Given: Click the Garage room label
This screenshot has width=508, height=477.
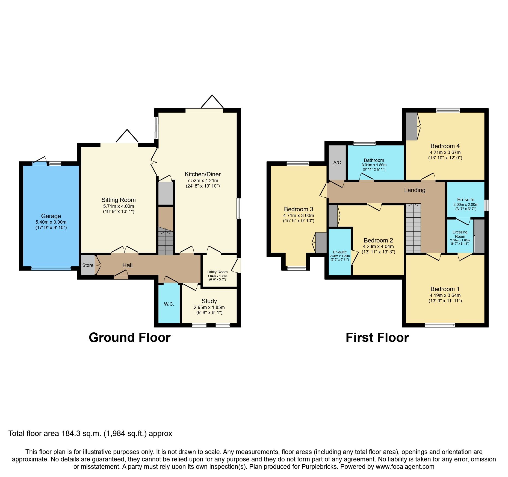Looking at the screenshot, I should coord(51,216).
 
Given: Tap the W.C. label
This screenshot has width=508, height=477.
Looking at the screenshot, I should coord(169,304).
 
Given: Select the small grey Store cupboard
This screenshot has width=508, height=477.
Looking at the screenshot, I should coord(88,265).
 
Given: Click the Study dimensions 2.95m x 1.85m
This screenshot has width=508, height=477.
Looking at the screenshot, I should coord(209,307).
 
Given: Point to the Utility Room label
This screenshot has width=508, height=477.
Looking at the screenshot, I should coord(217,272).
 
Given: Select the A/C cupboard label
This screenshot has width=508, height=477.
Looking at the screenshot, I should coord(337,163).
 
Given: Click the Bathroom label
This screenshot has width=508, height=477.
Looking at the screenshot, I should coord(374,160).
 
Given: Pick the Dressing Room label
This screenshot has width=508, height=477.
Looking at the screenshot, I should coord(460,234).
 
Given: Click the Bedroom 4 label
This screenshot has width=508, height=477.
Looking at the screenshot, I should coord(445,146).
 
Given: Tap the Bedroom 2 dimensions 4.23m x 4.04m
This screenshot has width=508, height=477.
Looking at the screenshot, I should coord(378,246).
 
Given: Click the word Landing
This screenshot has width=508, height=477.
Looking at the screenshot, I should coord(415,190).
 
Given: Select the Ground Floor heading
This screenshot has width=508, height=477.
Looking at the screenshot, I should coord(129,338).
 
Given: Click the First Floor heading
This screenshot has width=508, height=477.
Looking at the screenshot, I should coord(377,338).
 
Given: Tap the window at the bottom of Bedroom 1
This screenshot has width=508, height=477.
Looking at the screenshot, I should coord(440,325).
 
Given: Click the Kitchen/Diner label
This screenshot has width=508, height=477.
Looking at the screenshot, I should coord(203,174).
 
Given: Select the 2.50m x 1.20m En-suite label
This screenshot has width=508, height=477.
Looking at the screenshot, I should coord(339,256).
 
